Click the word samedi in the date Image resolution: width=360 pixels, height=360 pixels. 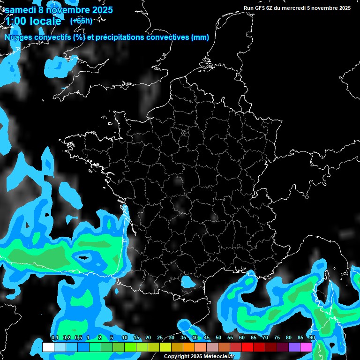pyautogui.click(x=21, y=9)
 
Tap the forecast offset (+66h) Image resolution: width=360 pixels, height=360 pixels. pyautogui.click(x=81, y=21)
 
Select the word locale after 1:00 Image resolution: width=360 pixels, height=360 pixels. pyautogui.click(x=45, y=21)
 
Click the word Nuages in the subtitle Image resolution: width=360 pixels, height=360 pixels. pyautogui.click(x=19, y=37)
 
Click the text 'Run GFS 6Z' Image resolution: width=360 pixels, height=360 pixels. pyautogui.click(x=258, y=8)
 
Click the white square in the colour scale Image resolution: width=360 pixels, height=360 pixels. pyautogui.click(x=48, y=347)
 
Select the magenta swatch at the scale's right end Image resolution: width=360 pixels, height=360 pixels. pyautogui.click(x=306, y=347)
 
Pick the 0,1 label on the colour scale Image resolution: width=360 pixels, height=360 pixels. pyautogui.click(x=54, y=338)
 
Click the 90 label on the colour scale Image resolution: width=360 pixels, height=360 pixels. pyautogui.click(x=312, y=338)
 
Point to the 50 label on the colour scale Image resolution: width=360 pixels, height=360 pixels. pyautogui.click(x=218, y=338)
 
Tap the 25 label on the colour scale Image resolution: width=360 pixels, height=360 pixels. pyautogui.click(x=160, y=338)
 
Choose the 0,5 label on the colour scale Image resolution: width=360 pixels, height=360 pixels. pyautogui.click(x=78, y=338)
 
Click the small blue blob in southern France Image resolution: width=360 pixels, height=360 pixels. pyautogui.click(x=189, y=282)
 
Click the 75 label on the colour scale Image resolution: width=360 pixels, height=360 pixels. pyautogui.click(x=277, y=338)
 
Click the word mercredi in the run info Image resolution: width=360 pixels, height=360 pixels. pyautogui.click(x=295, y=8)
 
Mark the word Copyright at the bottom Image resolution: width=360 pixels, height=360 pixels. pyautogui.click(x=177, y=357)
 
